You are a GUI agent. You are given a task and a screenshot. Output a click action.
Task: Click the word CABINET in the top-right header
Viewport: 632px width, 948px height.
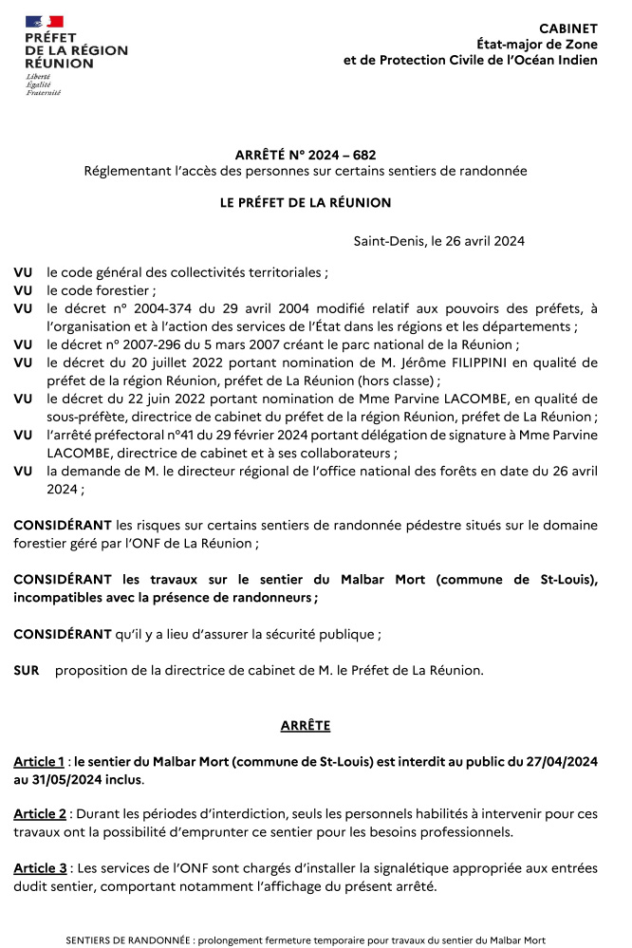[568, 29]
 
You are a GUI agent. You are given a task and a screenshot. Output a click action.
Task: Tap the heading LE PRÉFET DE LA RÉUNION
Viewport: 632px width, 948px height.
[305, 202]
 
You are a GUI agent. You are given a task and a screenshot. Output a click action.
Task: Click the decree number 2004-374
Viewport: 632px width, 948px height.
[152, 308]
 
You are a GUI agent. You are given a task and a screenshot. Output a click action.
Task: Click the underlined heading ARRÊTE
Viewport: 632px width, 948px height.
[305, 725]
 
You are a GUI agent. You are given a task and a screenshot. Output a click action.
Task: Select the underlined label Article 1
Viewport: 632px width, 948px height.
[39, 762]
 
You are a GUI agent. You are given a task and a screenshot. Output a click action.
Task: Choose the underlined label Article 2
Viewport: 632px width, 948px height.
[39, 814]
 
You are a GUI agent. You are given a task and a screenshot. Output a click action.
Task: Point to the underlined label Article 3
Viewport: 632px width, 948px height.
[39, 867]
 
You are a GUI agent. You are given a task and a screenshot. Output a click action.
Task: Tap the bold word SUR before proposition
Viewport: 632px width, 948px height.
[26, 670]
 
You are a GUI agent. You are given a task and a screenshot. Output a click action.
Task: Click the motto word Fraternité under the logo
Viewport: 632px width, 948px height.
[43, 93]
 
